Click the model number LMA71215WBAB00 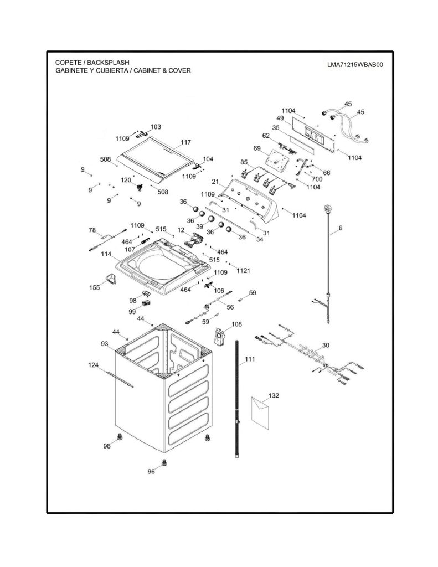tap(355, 65)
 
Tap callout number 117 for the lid tap(185, 142)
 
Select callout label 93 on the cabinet tap(105, 343)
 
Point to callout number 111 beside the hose tap(250, 359)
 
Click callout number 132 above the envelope tap(274, 395)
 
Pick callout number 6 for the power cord tap(341, 228)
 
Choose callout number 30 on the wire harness tap(326, 345)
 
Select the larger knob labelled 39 tap(211, 219)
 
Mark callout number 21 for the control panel tap(215, 182)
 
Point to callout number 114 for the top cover tap(106, 254)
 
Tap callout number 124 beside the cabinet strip tap(94, 365)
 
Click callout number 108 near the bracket tap(236, 324)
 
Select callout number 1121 tap(244, 270)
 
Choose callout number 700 tap(317, 179)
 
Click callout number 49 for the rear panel tap(280, 118)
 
